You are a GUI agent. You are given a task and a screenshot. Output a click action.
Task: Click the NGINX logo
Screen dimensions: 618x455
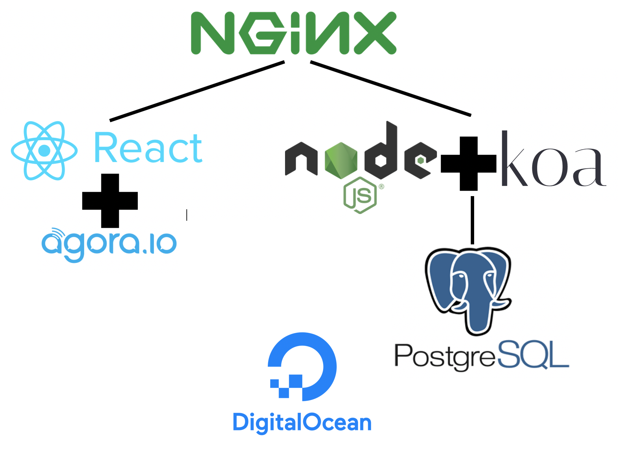(293, 33)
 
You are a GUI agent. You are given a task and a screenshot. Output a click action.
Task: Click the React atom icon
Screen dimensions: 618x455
(44, 151)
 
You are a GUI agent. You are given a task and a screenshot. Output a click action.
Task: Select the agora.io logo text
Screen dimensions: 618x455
(109, 244)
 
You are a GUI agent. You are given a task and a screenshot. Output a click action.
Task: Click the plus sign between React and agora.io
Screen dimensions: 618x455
(110, 201)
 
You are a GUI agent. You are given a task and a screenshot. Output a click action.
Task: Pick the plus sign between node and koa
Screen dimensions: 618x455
(468, 164)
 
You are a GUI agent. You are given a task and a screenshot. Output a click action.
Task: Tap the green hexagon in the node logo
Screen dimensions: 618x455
(341, 160)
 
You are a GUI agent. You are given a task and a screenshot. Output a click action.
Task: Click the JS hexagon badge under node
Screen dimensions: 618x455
(360, 195)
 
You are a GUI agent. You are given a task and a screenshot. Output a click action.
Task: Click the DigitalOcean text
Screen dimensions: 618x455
(302, 423)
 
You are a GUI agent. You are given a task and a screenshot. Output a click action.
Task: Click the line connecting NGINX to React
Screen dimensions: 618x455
(197, 91)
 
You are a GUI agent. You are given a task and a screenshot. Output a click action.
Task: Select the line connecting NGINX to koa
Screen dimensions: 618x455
(390, 88)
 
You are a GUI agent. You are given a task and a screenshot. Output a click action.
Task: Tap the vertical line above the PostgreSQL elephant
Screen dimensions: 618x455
(472, 220)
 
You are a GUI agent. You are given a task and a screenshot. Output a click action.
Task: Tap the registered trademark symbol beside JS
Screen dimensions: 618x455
(381, 186)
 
